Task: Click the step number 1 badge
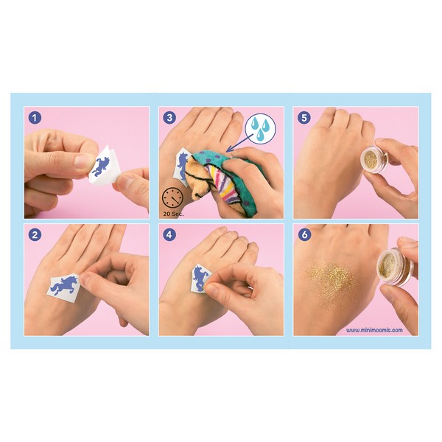(x=35, y=118)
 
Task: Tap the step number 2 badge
(x=35, y=235)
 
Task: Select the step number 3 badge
(x=169, y=118)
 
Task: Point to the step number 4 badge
(x=169, y=235)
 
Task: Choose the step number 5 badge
(x=304, y=118)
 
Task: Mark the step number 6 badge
(x=304, y=235)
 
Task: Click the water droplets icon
(x=260, y=128)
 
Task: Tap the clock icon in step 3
(x=172, y=198)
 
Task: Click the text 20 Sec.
(x=173, y=214)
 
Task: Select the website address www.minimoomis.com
(x=374, y=330)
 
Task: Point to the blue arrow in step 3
(x=239, y=143)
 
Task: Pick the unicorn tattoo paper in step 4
(x=201, y=278)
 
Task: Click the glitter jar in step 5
(x=374, y=160)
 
